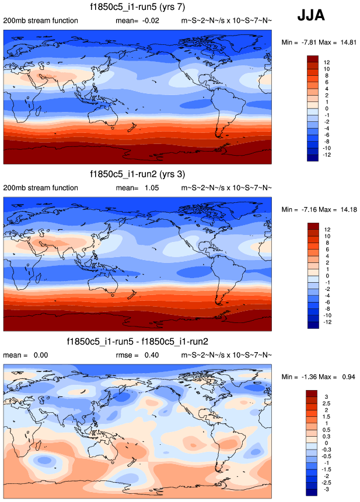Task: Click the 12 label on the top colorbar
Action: point(327,62)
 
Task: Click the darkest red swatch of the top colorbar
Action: point(312,59)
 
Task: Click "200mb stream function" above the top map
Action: point(40,21)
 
